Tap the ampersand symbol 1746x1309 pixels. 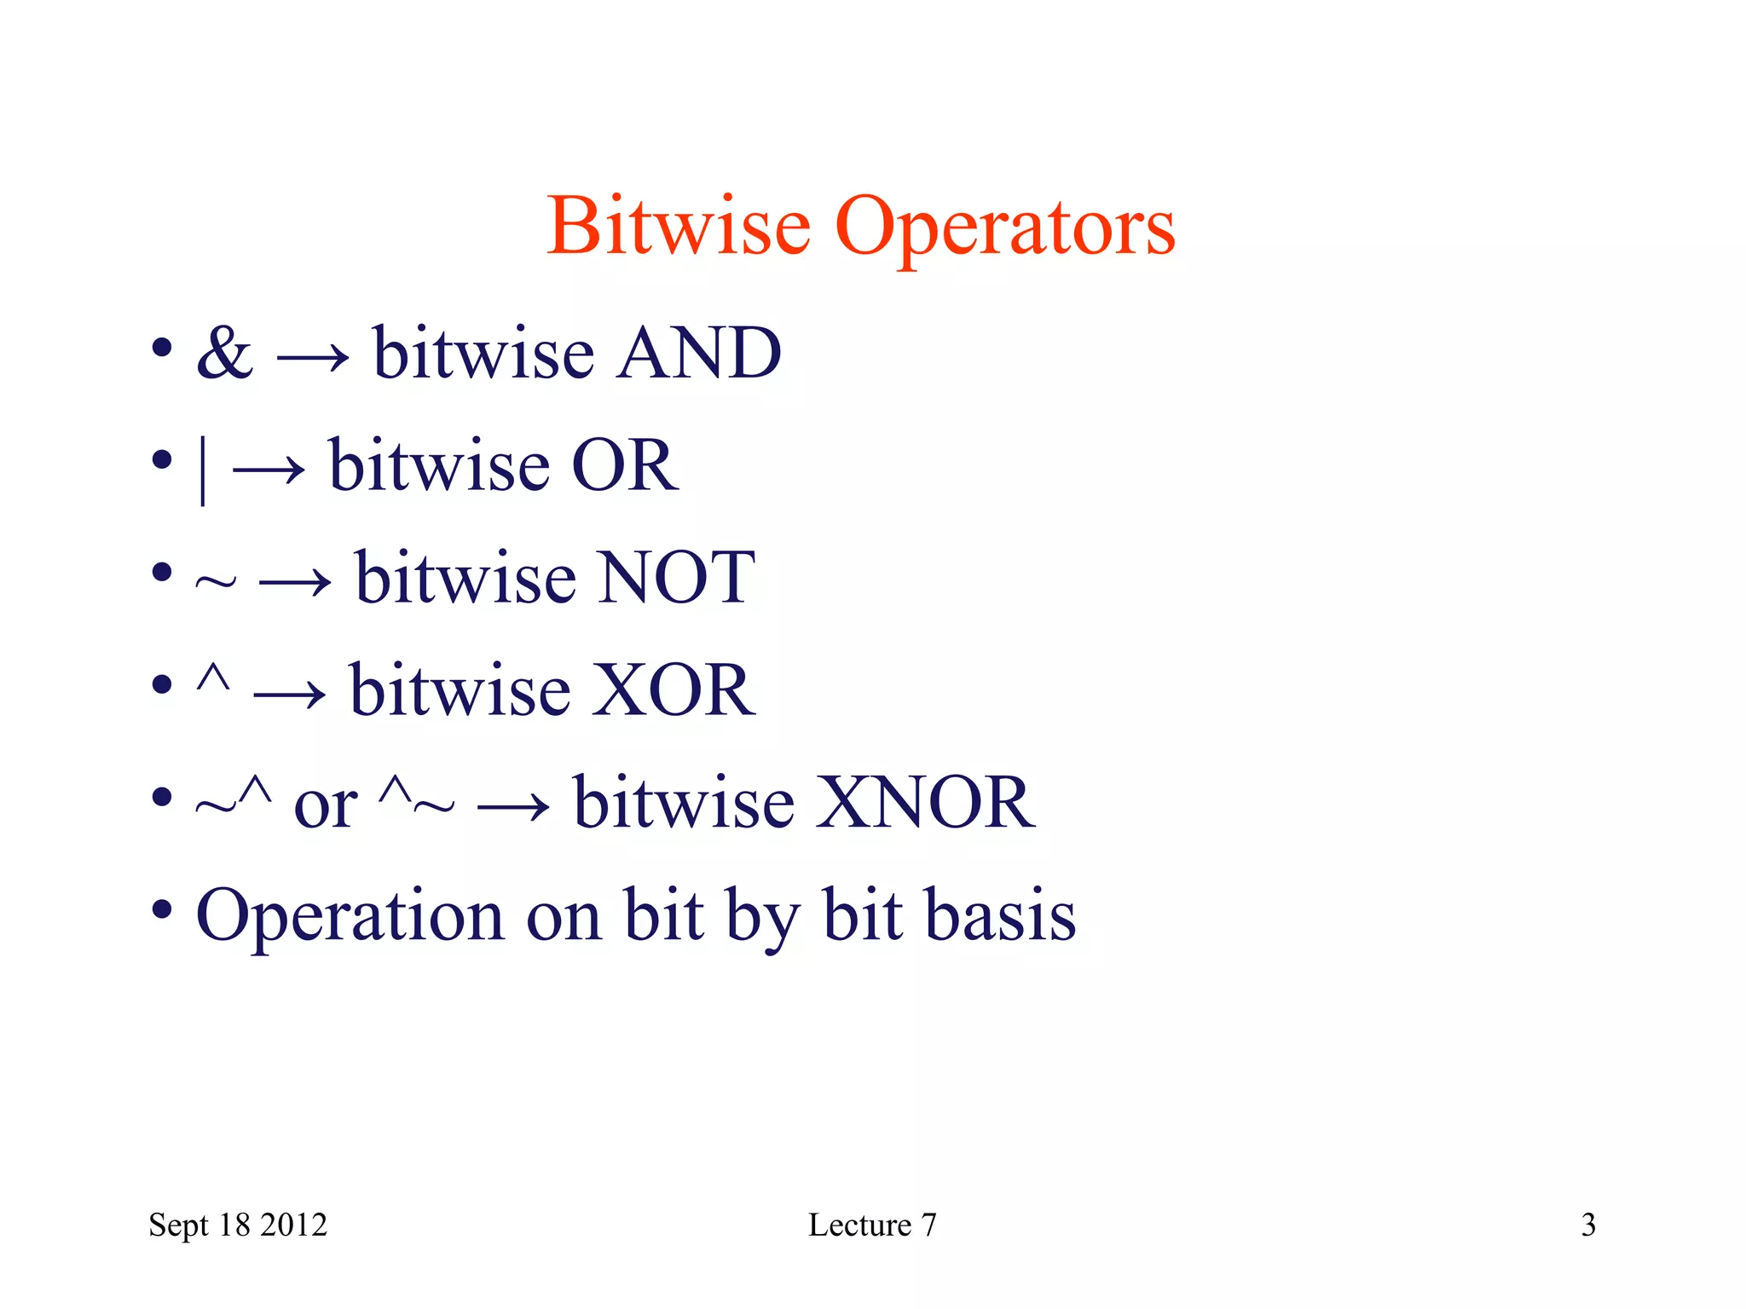tap(224, 353)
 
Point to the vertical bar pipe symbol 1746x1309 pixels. tap(202, 470)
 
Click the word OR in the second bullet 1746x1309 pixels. tap(625, 465)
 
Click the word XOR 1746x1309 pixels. tap(673, 690)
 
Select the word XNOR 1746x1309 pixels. tap(925, 803)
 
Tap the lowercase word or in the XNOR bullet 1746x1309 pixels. tap(325, 806)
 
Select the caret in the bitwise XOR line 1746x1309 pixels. tap(212, 678)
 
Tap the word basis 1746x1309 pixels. tap(1001, 915)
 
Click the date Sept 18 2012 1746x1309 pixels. tap(238, 1225)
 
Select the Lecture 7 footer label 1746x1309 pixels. tap(872, 1225)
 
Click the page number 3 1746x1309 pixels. tap(1588, 1225)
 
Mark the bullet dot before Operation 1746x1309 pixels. tap(162, 909)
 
